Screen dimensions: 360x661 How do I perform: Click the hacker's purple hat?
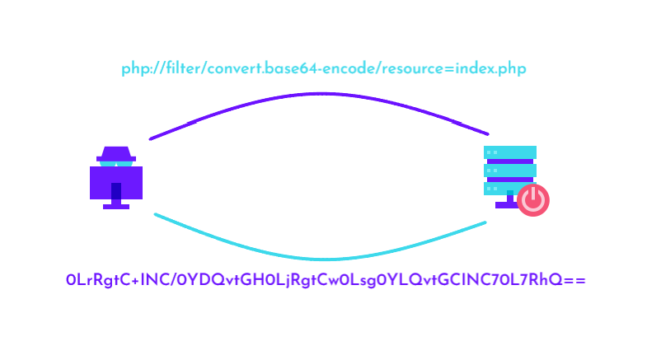[116, 153]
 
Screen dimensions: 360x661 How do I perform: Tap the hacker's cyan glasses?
[116, 163]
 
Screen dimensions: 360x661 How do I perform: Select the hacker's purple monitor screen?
[116, 181]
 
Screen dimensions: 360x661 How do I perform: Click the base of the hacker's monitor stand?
[116, 207]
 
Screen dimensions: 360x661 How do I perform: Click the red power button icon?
[533, 199]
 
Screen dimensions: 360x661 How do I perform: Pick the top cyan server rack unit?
[510, 152]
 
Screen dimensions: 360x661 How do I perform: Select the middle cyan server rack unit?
[510, 170]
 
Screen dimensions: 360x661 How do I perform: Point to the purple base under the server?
[504, 205]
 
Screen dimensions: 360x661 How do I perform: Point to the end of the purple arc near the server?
[486, 133]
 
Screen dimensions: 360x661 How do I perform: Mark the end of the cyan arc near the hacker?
[157, 215]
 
